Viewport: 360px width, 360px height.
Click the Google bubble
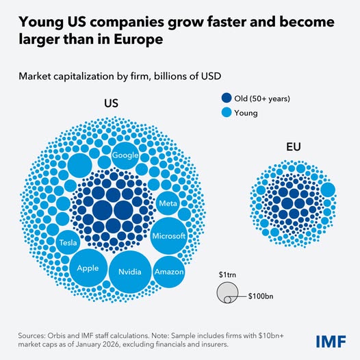click(126, 155)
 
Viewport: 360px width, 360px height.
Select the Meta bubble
click(168, 204)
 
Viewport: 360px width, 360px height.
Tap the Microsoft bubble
click(168, 236)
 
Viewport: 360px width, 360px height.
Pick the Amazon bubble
click(168, 272)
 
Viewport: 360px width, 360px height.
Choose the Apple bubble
click(88, 268)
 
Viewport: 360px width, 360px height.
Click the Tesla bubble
click(68, 242)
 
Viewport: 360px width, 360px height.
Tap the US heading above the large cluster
click(111, 104)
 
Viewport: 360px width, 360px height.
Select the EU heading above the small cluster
click(294, 146)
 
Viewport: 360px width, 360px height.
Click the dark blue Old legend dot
click(227, 99)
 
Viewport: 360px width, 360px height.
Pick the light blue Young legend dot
click(227, 113)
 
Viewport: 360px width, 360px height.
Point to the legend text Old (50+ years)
click(263, 99)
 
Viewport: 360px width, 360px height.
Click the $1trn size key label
click(224, 274)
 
